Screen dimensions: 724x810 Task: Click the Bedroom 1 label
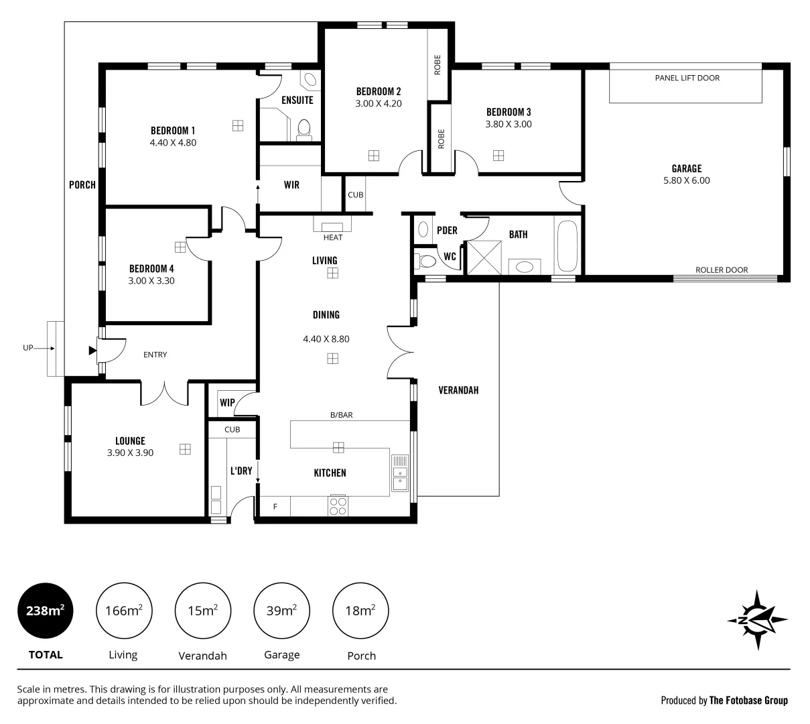[173, 130]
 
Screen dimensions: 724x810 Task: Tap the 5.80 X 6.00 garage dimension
[686, 180]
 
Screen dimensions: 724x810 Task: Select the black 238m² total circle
[45, 611]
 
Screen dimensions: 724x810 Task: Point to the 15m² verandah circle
[202, 611]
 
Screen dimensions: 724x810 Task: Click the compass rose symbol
[757, 619]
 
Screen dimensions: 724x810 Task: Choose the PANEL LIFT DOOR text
[687, 78]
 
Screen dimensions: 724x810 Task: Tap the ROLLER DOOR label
[721, 270]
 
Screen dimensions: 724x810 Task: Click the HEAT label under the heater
[333, 237]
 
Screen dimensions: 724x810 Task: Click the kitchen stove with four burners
[338, 505]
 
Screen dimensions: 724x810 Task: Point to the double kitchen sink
[400, 473]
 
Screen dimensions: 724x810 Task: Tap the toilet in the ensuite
[304, 127]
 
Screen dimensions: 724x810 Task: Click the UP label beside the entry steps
[28, 348]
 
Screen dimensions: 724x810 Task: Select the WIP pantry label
[227, 403]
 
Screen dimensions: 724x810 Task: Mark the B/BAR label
[341, 415]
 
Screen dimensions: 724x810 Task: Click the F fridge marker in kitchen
[275, 507]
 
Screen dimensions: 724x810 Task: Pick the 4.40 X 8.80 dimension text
[326, 339]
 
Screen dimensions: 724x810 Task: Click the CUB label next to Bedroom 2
[355, 195]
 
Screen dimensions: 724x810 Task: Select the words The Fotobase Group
[748, 701]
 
